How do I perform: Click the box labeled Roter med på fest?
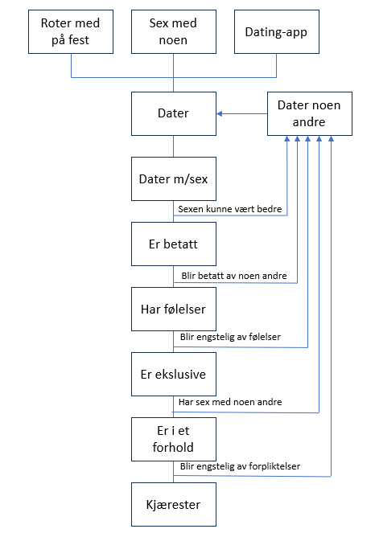[71, 31]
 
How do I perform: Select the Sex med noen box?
[174, 31]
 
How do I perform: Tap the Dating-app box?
[277, 31]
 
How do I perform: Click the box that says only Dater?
[174, 113]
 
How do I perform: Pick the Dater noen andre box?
[310, 113]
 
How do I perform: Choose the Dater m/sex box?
[174, 178]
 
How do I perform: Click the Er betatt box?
[174, 244]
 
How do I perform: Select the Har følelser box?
[174, 309]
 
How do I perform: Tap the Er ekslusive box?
[174, 375]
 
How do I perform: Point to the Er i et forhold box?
[174, 439]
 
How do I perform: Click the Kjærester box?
[174, 504]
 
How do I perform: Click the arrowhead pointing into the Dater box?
[220, 113]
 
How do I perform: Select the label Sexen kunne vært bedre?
[230, 209]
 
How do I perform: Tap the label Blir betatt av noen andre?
[234, 275]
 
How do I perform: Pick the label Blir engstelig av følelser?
[230, 337]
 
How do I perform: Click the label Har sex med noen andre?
[230, 402]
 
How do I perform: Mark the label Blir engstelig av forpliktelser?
[241, 466]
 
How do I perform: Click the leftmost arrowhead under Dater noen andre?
[287, 139]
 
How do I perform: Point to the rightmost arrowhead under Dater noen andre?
[331, 139]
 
